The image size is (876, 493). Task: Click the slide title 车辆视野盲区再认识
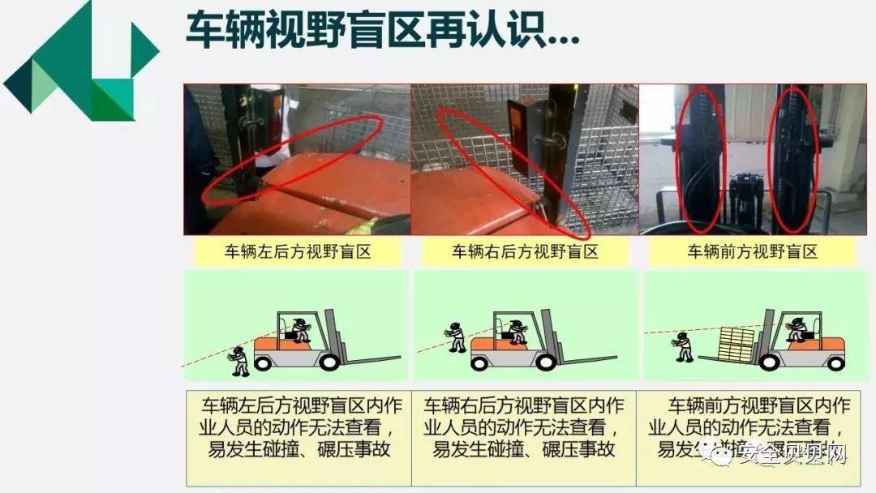tap(382, 32)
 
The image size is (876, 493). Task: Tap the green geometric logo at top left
tap(81, 61)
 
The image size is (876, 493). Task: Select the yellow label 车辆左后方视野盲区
tap(298, 251)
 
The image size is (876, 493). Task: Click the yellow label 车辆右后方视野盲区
tap(525, 251)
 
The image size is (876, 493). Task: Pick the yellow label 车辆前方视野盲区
tap(753, 251)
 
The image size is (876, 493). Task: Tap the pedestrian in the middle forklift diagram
tap(456, 337)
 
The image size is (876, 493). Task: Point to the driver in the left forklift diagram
tap(298, 330)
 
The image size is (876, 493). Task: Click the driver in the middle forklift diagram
tap(516, 332)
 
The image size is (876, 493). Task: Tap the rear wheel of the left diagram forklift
tap(264, 362)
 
